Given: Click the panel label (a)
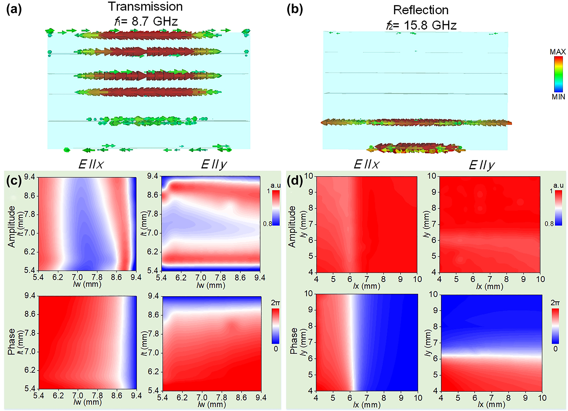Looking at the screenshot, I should (14, 9).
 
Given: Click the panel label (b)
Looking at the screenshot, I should (295, 9).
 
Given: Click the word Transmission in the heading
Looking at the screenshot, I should (145, 7).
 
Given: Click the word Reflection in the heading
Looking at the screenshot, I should (420, 10).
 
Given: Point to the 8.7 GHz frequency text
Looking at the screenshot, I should (155, 21).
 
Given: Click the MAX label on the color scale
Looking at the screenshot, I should (558, 52).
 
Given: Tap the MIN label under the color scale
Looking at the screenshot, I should (558, 97).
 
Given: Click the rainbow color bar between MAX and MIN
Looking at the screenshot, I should (558, 74).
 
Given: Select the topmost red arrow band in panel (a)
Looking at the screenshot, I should (145, 34).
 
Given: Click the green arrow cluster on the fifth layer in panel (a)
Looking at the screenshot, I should (145, 120).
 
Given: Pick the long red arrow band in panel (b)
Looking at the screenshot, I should (416, 123).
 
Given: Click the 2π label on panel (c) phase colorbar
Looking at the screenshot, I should (275, 303).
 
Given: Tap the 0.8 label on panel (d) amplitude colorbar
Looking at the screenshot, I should (549, 224).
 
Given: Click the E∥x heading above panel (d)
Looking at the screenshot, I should (366, 164).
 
